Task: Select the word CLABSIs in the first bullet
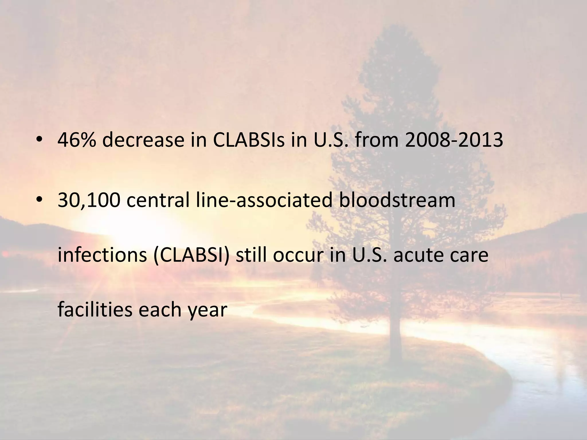tap(249, 140)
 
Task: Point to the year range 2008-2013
tap(454, 140)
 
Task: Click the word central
tap(158, 200)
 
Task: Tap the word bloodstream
tap(397, 200)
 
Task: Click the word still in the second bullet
tap(251, 254)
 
